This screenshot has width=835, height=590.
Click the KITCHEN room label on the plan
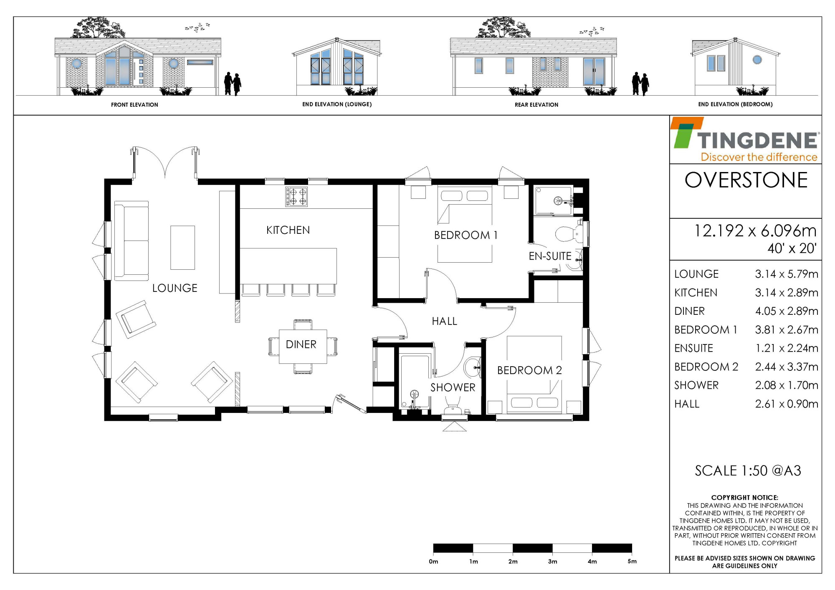[x=288, y=230]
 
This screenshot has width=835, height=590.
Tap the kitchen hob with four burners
[x=296, y=197]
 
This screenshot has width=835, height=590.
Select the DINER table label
[x=301, y=344]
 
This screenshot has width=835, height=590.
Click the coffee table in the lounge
[x=182, y=248]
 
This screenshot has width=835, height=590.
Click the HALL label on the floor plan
[x=444, y=321]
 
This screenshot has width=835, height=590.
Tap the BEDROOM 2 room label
[x=529, y=370]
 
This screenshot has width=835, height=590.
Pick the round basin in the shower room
[x=473, y=368]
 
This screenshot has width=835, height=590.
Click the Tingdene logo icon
[x=687, y=132]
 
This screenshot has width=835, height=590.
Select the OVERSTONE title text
[x=746, y=180]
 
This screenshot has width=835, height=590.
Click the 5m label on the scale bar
[x=632, y=562]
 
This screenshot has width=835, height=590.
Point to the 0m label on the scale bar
[x=433, y=562]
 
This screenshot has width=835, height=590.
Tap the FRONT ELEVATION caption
[x=134, y=105]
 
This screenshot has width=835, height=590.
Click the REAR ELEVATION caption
[x=536, y=105]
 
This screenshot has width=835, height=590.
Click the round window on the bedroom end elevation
[x=757, y=60]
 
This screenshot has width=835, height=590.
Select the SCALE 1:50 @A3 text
[x=748, y=471]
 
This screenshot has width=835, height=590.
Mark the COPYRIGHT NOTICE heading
[x=745, y=498]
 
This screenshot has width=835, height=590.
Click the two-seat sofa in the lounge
[x=132, y=241]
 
